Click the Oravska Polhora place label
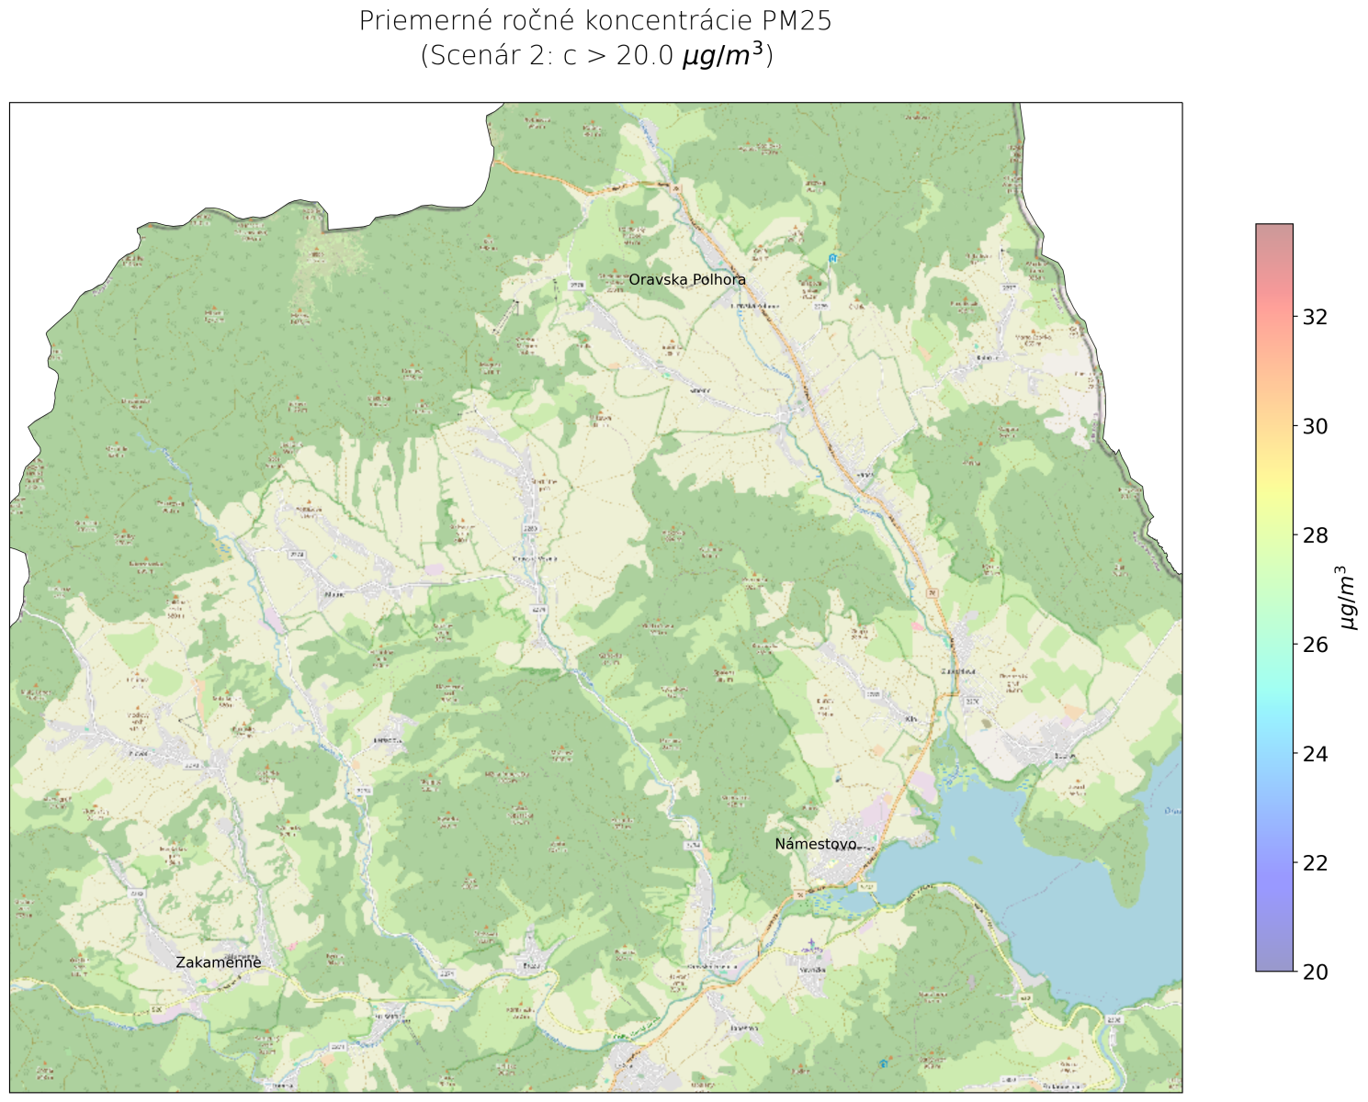pyautogui.click(x=687, y=280)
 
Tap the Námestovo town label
pyautogui.click(x=816, y=844)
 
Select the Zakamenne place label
pyautogui.click(x=219, y=962)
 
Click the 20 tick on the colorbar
pyautogui.click(x=1316, y=972)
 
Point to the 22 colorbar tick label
pyautogui.click(x=1316, y=862)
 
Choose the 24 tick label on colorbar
pyautogui.click(x=1316, y=754)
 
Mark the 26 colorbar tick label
pyautogui.click(x=1316, y=645)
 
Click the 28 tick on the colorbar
pyautogui.click(x=1316, y=535)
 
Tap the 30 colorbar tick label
pyautogui.click(x=1316, y=426)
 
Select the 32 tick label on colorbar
pyautogui.click(x=1316, y=317)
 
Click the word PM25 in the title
pyautogui.click(x=797, y=21)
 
